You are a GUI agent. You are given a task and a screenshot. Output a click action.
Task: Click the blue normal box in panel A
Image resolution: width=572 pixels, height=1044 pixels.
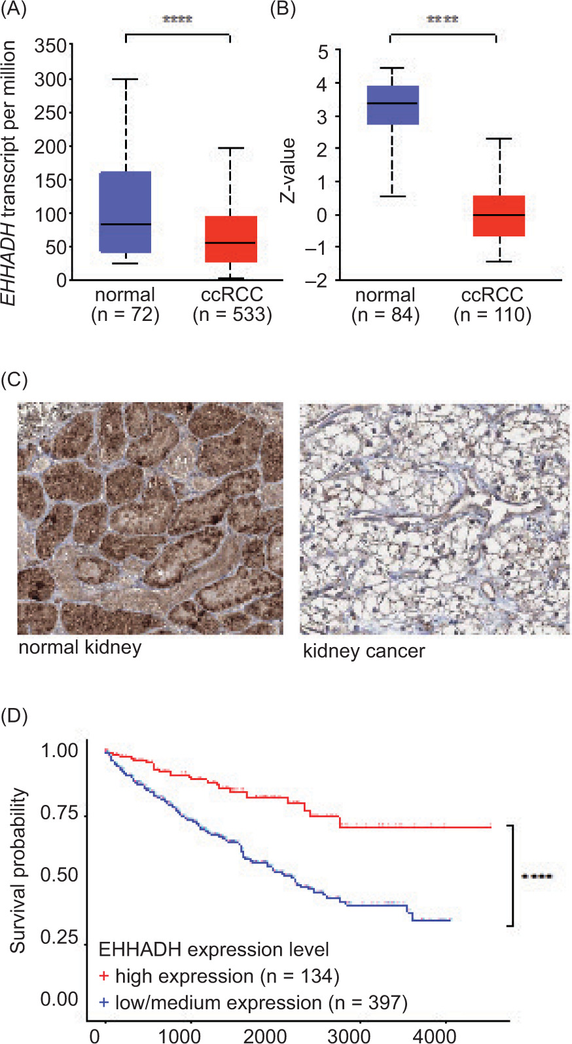click(x=125, y=212)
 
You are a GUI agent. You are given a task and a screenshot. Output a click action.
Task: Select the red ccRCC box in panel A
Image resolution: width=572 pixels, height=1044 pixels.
click(x=231, y=239)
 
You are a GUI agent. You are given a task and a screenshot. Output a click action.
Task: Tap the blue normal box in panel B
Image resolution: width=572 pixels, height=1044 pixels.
click(x=393, y=105)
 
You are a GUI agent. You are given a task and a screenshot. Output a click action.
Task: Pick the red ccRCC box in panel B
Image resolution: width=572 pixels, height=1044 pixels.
click(x=499, y=215)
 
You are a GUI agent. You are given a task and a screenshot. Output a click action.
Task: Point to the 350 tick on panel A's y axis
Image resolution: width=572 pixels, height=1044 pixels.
click(x=50, y=46)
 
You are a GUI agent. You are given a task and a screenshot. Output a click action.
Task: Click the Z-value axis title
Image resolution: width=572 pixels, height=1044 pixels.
click(x=289, y=170)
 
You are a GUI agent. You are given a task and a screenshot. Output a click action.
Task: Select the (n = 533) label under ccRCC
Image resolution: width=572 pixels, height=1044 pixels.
click(x=232, y=315)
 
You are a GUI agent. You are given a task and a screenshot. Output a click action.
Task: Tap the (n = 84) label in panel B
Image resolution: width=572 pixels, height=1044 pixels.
click(x=385, y=316)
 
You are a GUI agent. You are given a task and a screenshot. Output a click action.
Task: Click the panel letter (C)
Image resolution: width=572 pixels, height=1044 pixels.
click(x=14, y=380)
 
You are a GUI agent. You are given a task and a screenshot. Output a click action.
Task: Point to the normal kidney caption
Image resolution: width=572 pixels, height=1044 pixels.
click(x=80, y=647)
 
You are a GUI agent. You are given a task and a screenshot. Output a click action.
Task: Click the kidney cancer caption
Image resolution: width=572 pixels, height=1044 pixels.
click(x=364, y=651)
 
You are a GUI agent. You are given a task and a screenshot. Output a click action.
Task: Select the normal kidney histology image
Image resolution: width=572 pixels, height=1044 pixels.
click(x=151, y=518)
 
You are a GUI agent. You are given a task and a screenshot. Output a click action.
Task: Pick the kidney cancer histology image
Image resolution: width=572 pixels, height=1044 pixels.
click(x=435, y=518)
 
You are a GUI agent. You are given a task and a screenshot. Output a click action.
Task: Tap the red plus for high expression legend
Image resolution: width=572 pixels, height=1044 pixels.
click(x=103, y=977)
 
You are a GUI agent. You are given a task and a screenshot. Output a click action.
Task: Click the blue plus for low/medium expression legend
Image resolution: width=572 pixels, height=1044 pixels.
click(x=103, y=1003)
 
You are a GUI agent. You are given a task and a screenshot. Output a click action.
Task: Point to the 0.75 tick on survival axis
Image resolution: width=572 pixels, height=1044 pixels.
click(x=59, y=813)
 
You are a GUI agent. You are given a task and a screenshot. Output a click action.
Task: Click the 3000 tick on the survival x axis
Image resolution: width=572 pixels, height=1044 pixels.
click(x=349, y=1035)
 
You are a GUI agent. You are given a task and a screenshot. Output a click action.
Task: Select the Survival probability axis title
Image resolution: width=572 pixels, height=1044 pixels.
click(x=18, y=870)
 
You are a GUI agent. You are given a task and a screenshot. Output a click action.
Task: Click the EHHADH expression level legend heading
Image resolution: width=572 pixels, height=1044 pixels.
click(x=213, y=950)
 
